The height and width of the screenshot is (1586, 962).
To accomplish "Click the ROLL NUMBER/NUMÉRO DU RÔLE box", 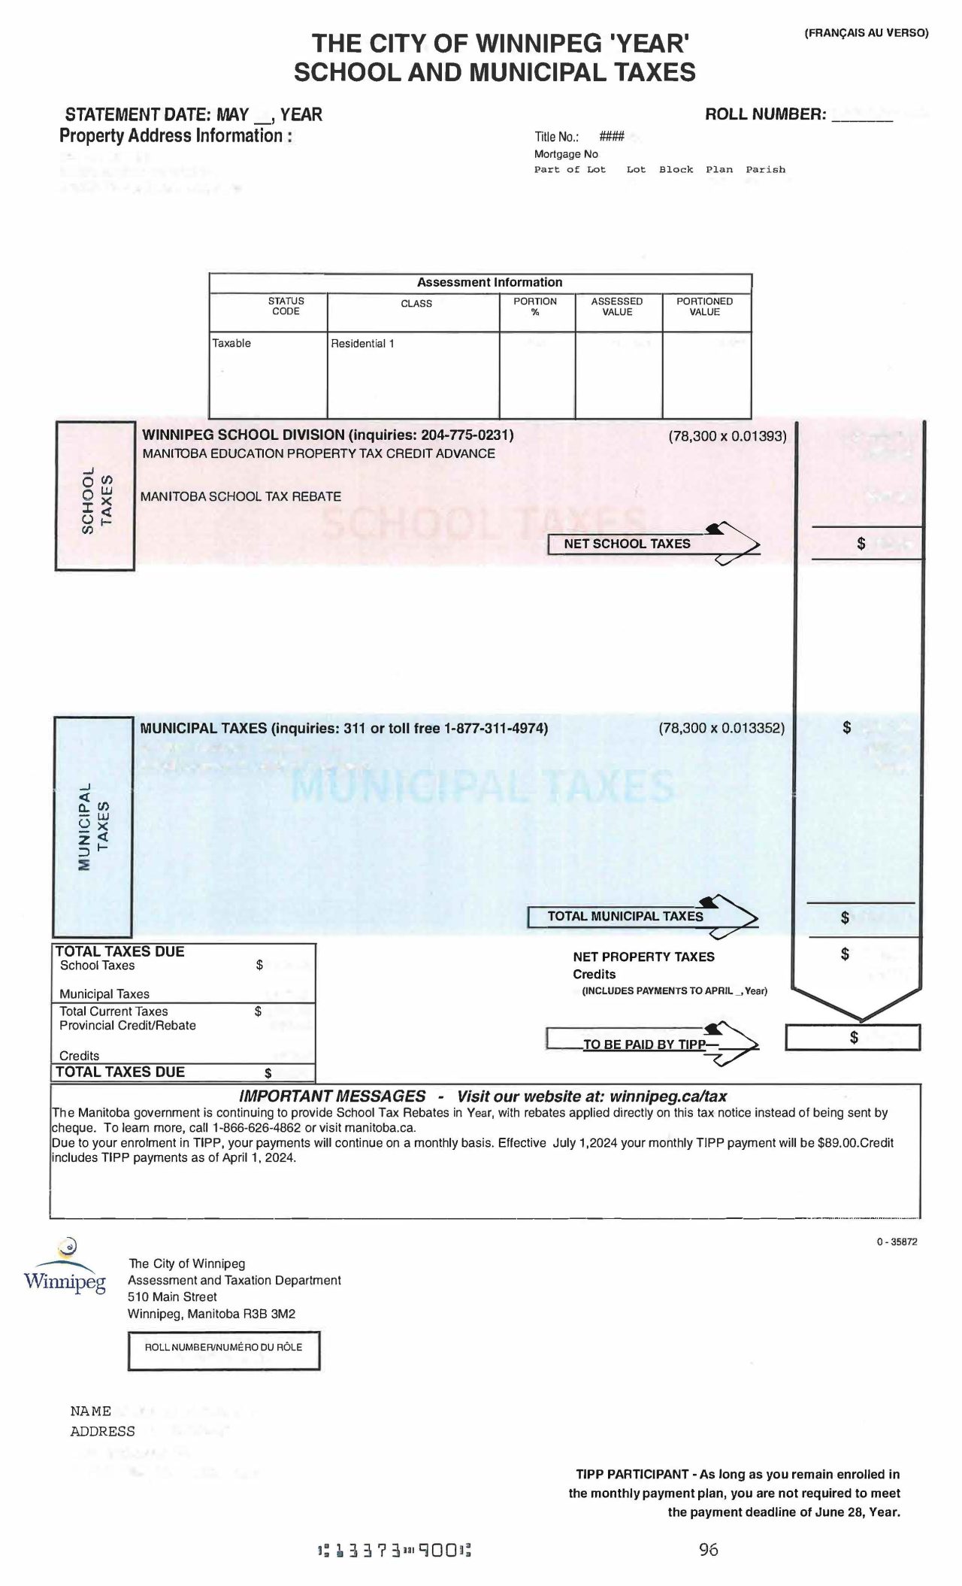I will (223, 1351).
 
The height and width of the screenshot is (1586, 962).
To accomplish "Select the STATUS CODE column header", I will (286, 306).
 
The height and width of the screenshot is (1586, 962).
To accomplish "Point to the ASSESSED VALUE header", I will (617, 306).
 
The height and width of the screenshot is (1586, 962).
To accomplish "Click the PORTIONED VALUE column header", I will (704, 306).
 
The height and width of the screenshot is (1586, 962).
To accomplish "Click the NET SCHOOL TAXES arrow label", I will (627, 544).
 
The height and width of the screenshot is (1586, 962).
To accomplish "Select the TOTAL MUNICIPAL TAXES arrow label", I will (625, 916).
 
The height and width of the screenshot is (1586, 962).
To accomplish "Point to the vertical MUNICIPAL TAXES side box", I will (93, 826).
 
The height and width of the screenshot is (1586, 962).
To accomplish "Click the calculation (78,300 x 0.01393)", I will (727, 435).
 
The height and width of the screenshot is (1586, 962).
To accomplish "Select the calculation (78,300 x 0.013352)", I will (721, 728).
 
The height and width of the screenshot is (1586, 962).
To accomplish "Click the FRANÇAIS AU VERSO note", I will (866, 32).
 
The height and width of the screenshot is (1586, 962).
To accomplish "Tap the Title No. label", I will (556, 137).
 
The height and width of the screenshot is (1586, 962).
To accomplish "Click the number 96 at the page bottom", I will (708, 1549).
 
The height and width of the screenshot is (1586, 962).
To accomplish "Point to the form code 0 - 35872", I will (896, 1242).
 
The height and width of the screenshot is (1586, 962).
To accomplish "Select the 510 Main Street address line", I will (172, 1296).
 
